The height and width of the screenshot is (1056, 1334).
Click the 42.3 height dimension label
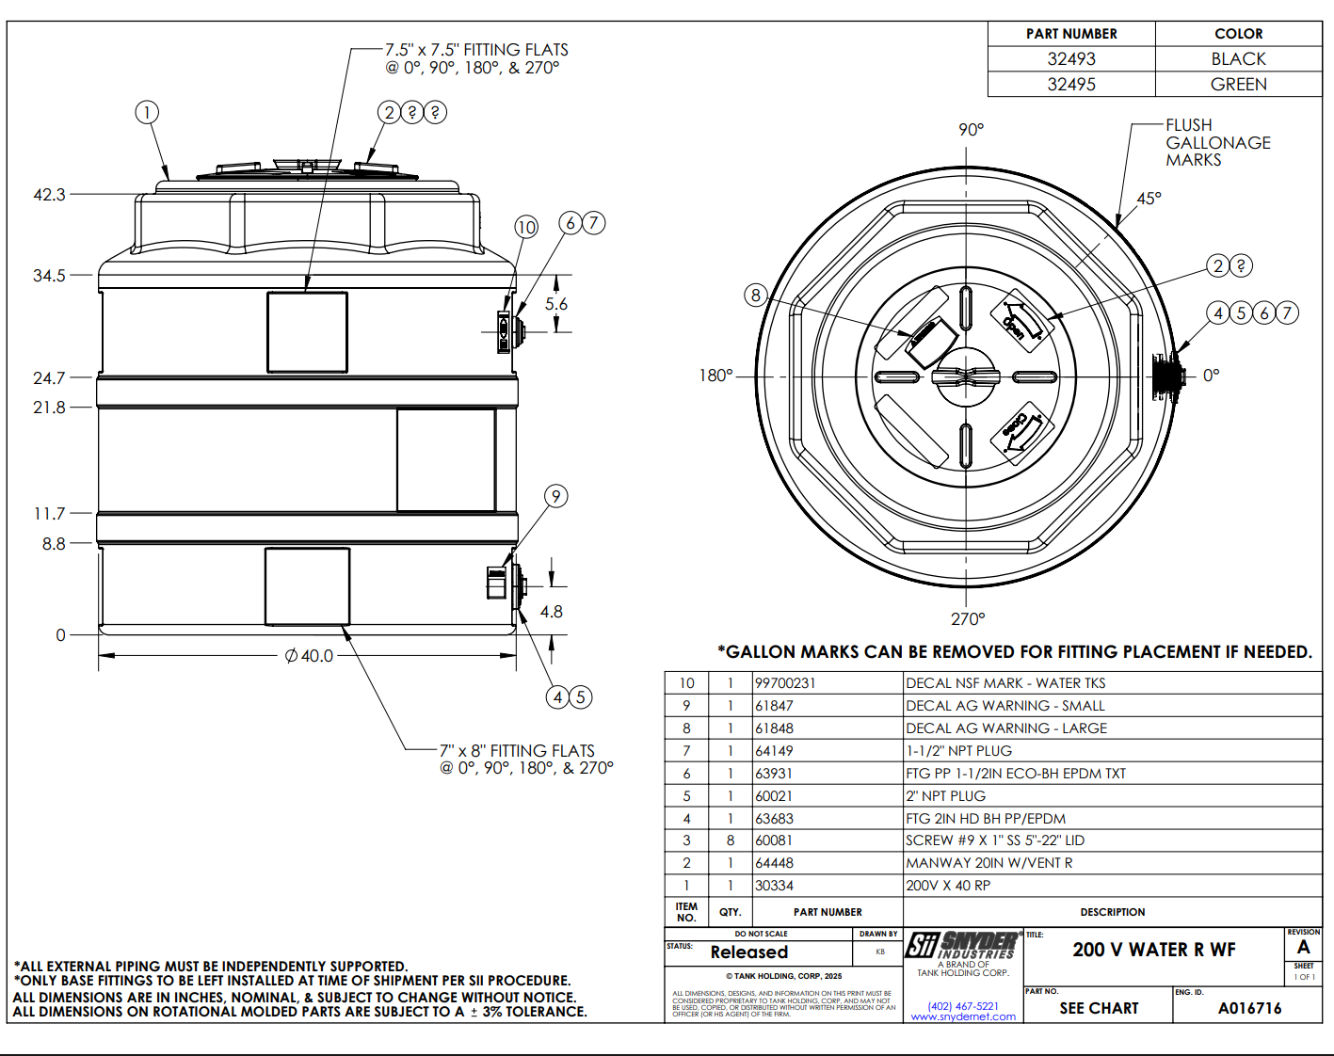tap(49, 195)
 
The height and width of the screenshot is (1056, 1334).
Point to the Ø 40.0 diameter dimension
tap(310, 656)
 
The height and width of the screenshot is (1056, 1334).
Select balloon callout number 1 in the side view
tap(146, 113)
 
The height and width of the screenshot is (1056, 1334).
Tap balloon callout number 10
tap(526, 227)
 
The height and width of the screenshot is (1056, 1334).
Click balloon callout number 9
tap(556, 496)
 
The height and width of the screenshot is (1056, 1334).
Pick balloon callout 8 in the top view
tap(755, 295)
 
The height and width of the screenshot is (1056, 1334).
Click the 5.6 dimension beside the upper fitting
tap(556, 304)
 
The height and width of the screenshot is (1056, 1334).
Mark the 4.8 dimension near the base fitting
tap(552, 612)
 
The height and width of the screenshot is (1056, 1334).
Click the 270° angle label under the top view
tap(968, 619)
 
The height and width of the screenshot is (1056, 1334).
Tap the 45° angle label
tap(1149, 199)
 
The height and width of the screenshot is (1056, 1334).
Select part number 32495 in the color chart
tap(1071, 85)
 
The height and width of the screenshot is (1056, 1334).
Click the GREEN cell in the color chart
tap(1238, 85)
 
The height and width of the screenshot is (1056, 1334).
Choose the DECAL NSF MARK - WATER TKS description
tap(1005, 683)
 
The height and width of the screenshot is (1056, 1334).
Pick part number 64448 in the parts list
tap(774, 863)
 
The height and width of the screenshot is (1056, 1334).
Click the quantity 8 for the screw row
tap(730, 840)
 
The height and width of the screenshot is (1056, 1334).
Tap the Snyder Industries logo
tap(963, 946)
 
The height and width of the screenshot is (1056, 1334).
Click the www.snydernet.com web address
tap(963, 1016)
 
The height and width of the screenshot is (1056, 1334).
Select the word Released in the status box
tap(749, 952)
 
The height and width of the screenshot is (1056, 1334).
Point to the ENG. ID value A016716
tap(1249, 1008)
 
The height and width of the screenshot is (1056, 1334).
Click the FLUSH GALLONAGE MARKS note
tap(1217, 143)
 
